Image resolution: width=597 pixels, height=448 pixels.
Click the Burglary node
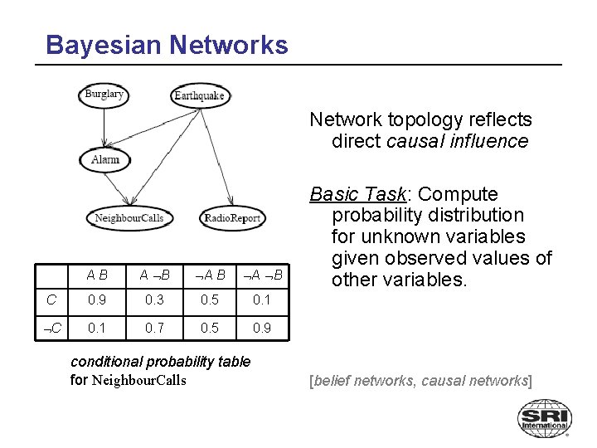(x=104, y=94)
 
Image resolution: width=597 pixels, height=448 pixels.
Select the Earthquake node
(x=199, y=95)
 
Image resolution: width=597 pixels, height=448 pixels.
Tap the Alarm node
(x=105, y=159)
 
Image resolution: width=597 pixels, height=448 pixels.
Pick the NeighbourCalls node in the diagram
(x=129, y=218)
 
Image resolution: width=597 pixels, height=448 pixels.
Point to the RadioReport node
(x=232, y=218)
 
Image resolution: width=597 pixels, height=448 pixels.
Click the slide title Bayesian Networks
(x=167, y=44)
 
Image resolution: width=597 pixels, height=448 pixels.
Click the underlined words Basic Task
(x=356, y=194)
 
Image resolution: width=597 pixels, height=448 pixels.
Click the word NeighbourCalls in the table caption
(x=138, y=381)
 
